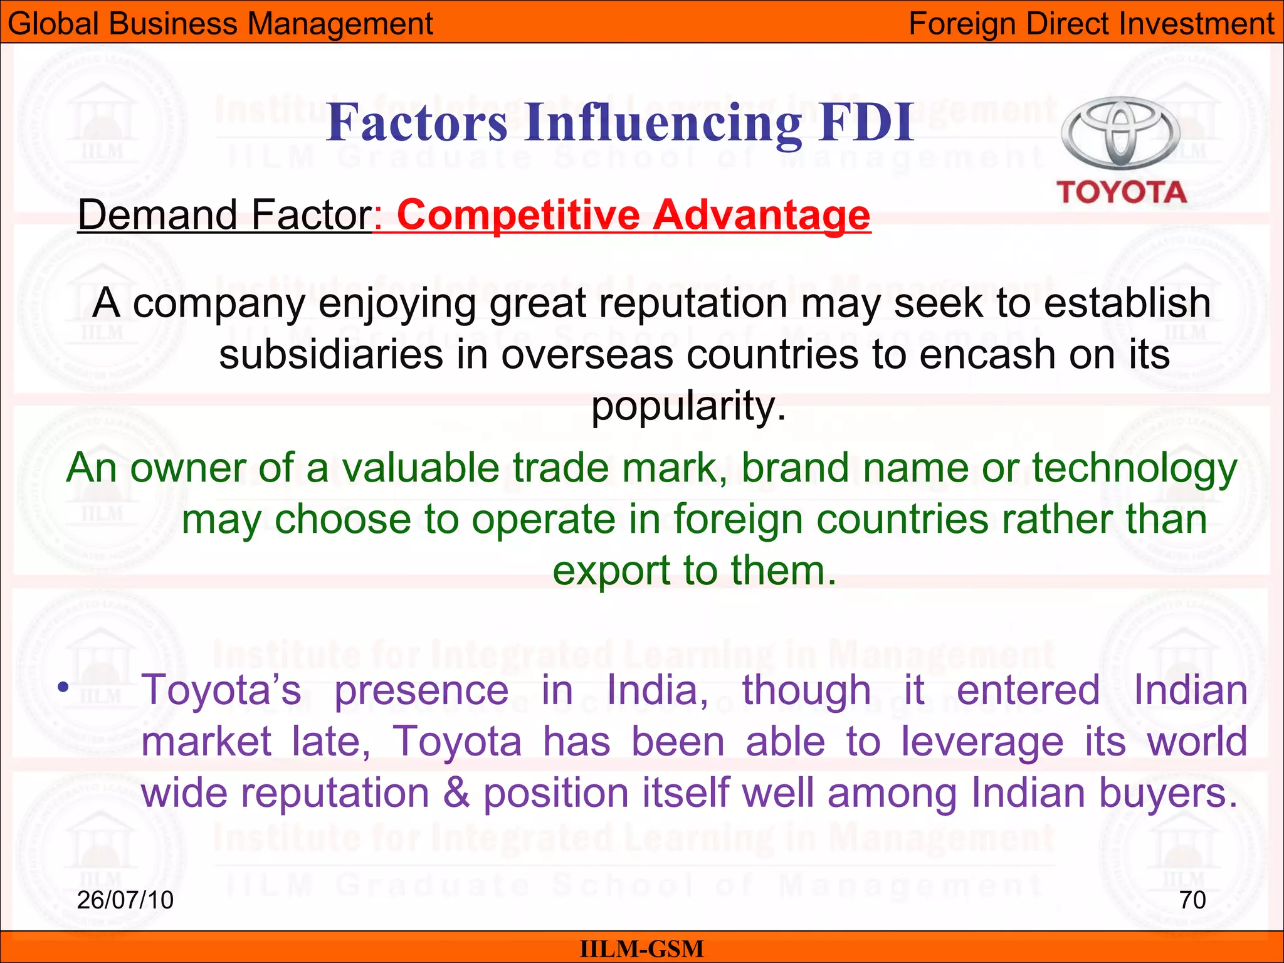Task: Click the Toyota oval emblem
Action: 1120,133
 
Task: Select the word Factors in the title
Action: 417,122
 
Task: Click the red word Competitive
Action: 518,215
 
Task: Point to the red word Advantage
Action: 762,215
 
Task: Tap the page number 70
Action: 1192,900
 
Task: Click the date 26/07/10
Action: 125,900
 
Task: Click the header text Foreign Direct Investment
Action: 1091,24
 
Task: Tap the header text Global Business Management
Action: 221,24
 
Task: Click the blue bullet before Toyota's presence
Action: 62,688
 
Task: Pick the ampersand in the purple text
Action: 456,792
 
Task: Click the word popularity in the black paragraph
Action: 688,406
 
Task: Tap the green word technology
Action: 1135,469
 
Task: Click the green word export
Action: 611,571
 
